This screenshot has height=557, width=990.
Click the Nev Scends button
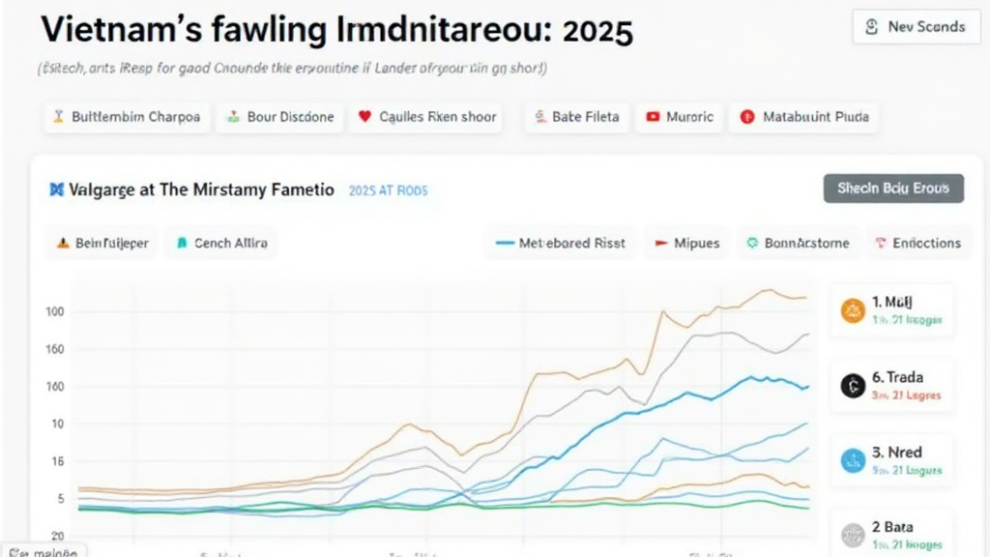tap(909, 27)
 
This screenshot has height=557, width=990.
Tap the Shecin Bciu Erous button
tap(893, 189)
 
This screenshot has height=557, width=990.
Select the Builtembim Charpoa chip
tap(127, 117)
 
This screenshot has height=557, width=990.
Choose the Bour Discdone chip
tap(279, 117)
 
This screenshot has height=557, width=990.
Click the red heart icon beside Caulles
tap(364, 117)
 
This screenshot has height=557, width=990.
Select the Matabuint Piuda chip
tap(804, 117)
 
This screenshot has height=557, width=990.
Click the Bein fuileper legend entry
tap(102, 244)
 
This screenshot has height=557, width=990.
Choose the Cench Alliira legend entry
tap(221, 244)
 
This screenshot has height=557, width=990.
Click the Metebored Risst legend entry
tap(561, 244)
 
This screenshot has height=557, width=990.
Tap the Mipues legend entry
tap(686, 244)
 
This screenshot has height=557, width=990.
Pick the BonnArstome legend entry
tap(798, 244)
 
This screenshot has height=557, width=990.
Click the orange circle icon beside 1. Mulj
tap(854, 310)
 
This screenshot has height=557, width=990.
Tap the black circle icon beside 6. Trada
tap(853, 386)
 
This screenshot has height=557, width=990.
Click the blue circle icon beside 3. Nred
tap(853, 460)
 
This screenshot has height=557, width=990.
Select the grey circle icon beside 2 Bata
tap(853, 534)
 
